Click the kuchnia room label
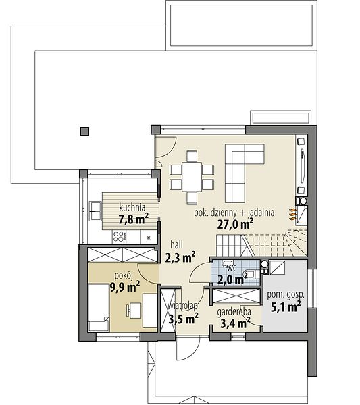pyautogui.click(x=132, y=207)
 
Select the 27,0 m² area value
pyautogui.click(x=235, y=223)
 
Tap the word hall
pyautogui.click(x=177, y=244)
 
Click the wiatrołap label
pyautogui.click(x=183, y=306)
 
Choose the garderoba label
pyautogui.click(x=234, y=312)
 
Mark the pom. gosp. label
pyautogui.click(x=286, y=295)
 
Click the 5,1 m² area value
pyautogui.click(x=286, y=307)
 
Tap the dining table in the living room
pyautogui.click(x=192, y=177)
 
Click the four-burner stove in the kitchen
pyautogui.click(x=120, y=237)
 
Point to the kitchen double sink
pyautogui.click(x=95, y=211)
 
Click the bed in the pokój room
pyautogui.click(x=99, y=307)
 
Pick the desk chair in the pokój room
pyautogui.click(x=128, y=310)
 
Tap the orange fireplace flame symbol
pyautogui.click(x=292, y=214)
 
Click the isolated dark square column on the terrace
pyautogui.click(x=84, y=131)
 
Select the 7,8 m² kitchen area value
pyautogui.click(x=133, y=219)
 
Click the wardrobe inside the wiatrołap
pyautogui.click(x=168, y=310)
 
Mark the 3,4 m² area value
pyautogui.click(x=235, y=323)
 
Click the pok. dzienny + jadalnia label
pyautogui.click(x=234, y=213)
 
